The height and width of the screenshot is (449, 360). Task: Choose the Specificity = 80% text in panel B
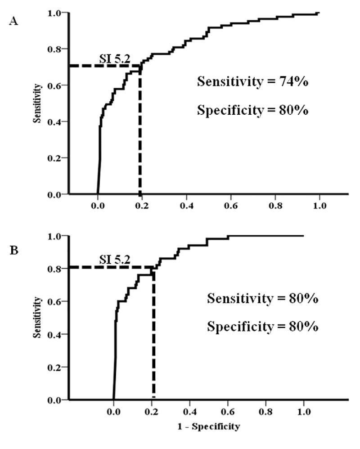point(263,327)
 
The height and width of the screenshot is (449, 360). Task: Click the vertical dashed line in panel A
point(140,135)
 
